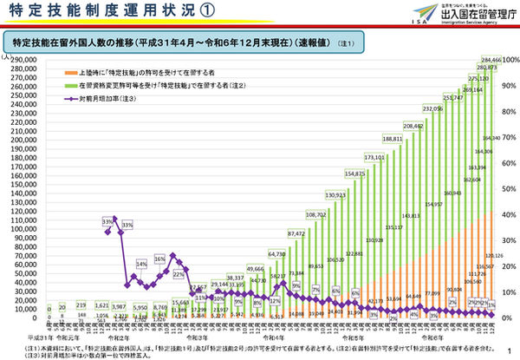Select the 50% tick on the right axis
click(x=509, y=190)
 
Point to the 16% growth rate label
click(x=160, y=259)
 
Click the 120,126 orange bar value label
click(x=494, y=258)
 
